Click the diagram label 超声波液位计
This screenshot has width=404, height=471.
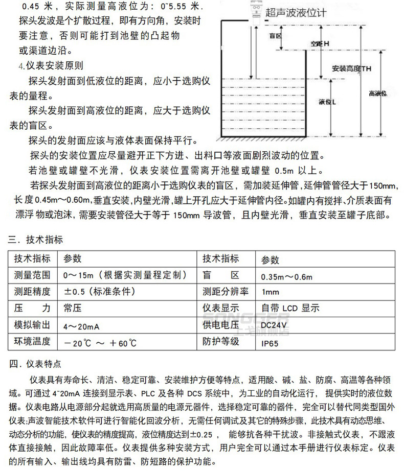[295, 14]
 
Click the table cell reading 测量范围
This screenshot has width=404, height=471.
[32, 275]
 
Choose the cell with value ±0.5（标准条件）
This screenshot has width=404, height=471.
[99, 292]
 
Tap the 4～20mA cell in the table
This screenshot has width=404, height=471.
[82, 325]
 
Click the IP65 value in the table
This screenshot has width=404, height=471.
[270, 341]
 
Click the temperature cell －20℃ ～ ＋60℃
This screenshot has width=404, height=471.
[101, 342]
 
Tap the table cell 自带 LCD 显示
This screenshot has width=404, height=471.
[290, 308]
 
